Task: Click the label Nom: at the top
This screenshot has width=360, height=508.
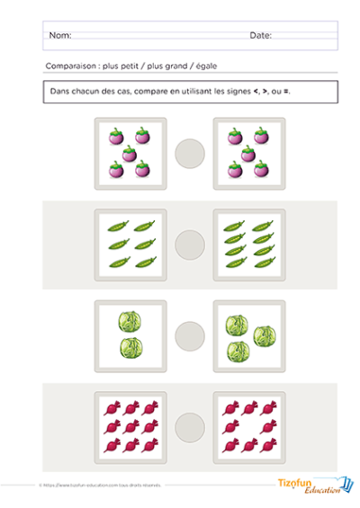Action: click(x=59, y=36)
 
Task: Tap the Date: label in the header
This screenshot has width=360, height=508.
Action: click(x=260, y=36)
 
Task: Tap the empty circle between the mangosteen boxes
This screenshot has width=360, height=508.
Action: click(x=190, y=152)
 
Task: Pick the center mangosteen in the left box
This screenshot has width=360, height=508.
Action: click(x=130, y=152)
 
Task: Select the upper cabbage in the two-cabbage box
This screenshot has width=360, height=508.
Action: click(x=130, y=321)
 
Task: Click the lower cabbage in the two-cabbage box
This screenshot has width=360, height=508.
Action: click(x=130, y=349)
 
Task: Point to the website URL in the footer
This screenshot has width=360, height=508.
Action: click(x=90, y=485)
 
